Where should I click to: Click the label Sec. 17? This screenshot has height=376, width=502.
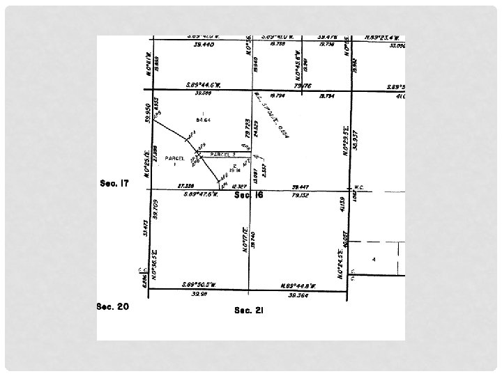point(114,184)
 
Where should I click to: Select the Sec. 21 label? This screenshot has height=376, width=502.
point(249,310)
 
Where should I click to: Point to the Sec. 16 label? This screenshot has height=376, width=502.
point(249,196)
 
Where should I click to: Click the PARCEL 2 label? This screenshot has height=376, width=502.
point(223,154)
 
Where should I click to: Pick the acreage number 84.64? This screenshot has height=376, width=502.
point(203,120)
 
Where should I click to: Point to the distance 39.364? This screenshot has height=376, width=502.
point(298,295)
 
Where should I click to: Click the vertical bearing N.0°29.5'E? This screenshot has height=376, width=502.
point(345,139)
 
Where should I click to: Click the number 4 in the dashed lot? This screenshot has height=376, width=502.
point(374,259)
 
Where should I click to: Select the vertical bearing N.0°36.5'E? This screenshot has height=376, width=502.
point(153,262)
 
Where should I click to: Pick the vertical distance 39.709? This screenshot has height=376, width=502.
point(155,209)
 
